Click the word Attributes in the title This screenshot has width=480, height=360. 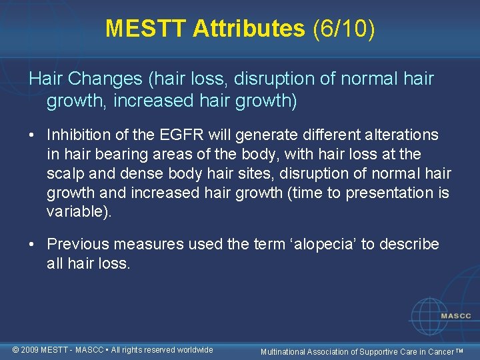(x=249, y=28)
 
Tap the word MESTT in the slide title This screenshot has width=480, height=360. (x=146, y=28)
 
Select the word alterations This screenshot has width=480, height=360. (x=397, y=135)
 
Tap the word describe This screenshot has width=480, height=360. (x=409, y=245)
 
